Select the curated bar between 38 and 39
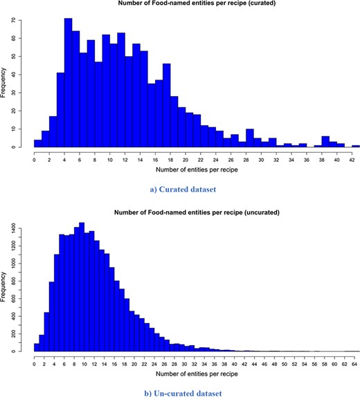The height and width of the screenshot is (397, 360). [x=325, y=142]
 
